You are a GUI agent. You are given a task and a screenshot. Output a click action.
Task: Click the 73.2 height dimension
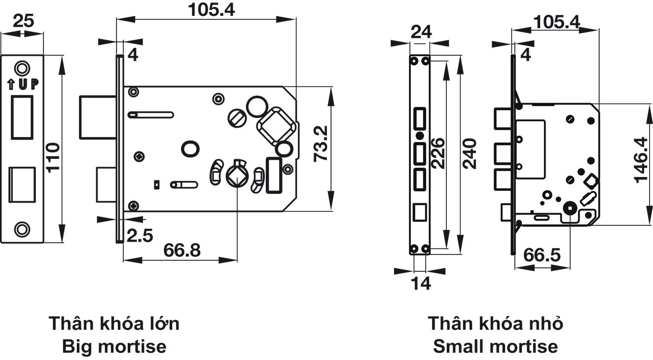(321, 144)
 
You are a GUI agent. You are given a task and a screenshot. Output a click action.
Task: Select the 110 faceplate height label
(52, 157)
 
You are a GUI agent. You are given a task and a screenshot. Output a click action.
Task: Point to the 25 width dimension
(23, 21)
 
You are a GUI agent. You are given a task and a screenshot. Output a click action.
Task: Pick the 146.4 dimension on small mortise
(642, 160)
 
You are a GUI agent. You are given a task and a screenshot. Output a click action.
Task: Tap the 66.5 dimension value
(542, 255)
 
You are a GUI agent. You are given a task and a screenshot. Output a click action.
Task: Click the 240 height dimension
(470, 153)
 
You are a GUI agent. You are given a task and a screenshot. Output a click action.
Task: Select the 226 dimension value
(437, 153)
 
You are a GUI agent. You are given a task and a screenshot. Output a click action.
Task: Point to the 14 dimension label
(420, 284)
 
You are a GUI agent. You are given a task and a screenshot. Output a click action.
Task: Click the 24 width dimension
(421, 32)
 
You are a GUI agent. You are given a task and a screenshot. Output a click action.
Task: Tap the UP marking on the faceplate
(23, 84)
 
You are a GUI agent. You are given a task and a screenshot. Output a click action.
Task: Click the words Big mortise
(114, 347)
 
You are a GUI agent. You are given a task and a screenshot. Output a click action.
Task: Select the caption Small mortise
(495, 347)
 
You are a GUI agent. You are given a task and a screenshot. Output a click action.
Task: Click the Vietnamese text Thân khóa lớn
(114, 324)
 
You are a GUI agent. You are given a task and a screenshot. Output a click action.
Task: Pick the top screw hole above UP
(21, 68)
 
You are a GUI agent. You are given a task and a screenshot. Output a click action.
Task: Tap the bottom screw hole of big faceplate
(21, 228)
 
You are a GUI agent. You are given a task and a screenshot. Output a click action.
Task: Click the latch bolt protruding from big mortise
(98, 117)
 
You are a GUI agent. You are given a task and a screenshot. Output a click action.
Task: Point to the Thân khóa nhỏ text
(495, 324)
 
